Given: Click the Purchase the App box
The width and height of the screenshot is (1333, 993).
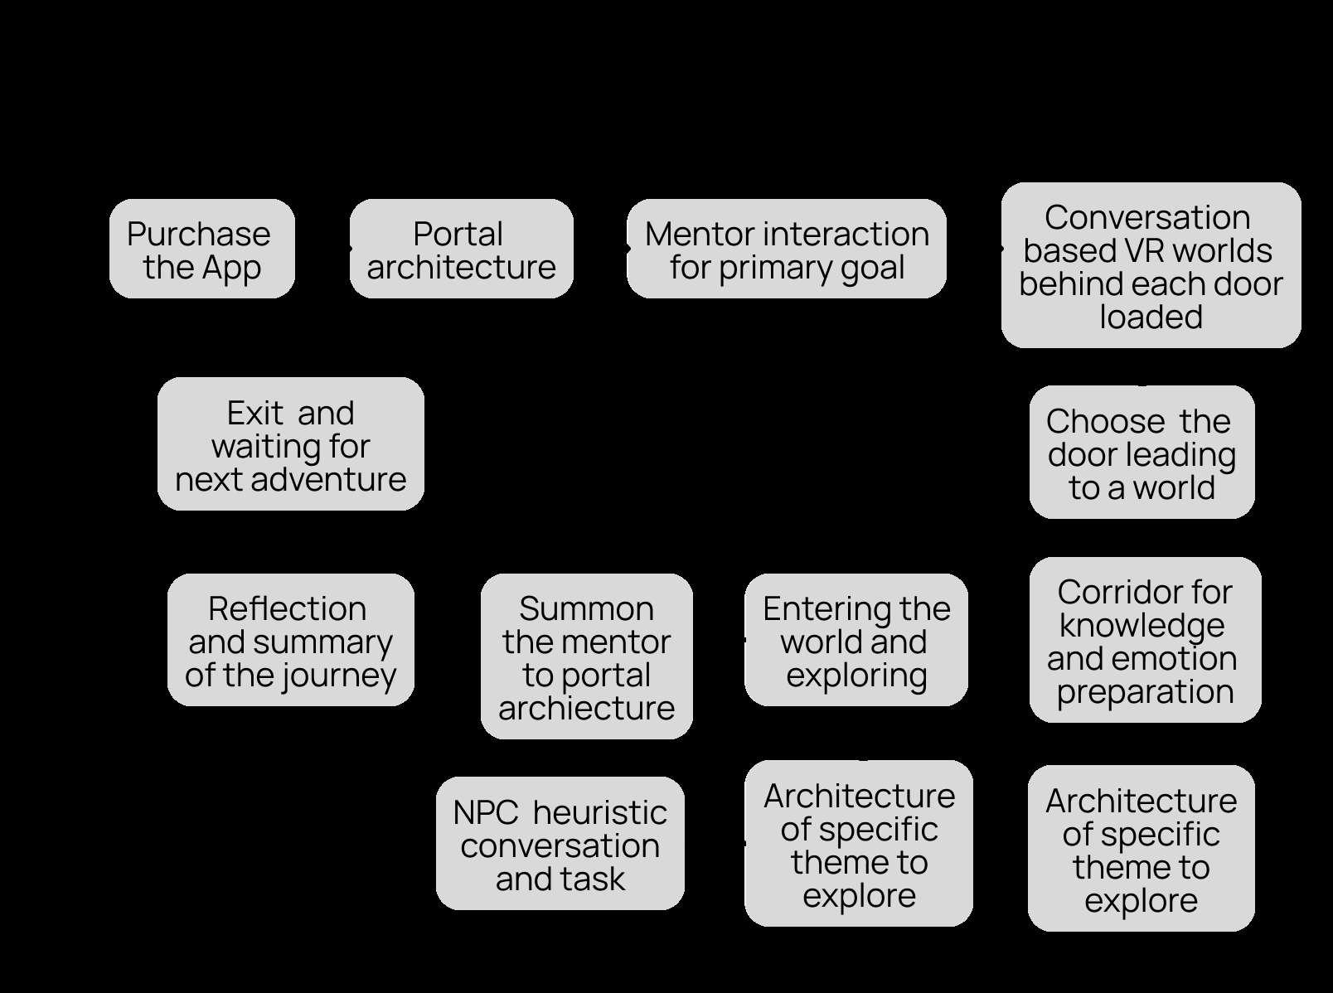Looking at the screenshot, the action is point(202,249).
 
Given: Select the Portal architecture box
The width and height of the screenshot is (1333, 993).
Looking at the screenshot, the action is point(461,249).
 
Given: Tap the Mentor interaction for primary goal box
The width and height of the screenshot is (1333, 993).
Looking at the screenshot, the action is point(786,249).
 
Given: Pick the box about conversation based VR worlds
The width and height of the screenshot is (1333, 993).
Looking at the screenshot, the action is point(1151,265).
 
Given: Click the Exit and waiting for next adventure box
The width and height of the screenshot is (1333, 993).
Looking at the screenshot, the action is point(291,443).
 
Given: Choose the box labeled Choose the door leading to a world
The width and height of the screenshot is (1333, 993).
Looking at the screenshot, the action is point(1142,452).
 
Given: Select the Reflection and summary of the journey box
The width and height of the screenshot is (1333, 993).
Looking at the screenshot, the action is point(291,640).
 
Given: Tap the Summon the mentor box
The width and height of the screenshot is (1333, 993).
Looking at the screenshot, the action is point(587,656).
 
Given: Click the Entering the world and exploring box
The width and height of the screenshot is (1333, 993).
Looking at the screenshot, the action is point(856,640).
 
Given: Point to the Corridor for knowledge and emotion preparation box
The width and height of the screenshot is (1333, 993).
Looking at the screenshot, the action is point(1145,640).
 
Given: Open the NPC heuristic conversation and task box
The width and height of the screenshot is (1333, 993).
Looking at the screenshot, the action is point(560,843).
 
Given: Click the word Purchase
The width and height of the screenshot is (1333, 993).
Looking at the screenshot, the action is point(198,234).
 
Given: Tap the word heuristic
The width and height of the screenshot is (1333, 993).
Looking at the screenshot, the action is point(600,812).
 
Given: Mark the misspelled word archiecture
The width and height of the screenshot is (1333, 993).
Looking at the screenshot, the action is point(587,708).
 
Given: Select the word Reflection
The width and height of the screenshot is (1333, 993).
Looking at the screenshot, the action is point(288,609).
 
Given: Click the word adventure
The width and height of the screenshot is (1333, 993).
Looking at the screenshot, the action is point(328,480).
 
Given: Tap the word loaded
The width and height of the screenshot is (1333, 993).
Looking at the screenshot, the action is point(1151,317).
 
